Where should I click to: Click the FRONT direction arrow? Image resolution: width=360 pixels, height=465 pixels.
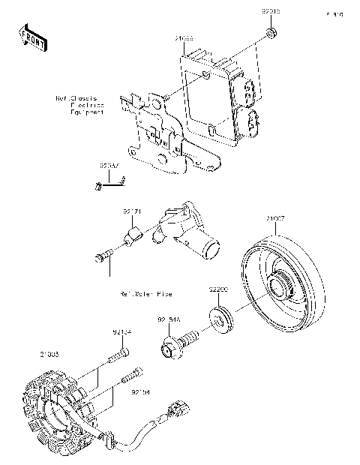click(x=29, y=35)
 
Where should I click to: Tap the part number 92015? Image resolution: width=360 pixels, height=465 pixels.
click(x=271, y=13)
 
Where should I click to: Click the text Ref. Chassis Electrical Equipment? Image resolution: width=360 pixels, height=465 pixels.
click(x=79, y=104)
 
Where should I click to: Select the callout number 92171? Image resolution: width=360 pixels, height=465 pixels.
click(x=132, y=213)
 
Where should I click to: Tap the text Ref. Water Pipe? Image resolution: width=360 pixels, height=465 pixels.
click(x=145, y=293)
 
